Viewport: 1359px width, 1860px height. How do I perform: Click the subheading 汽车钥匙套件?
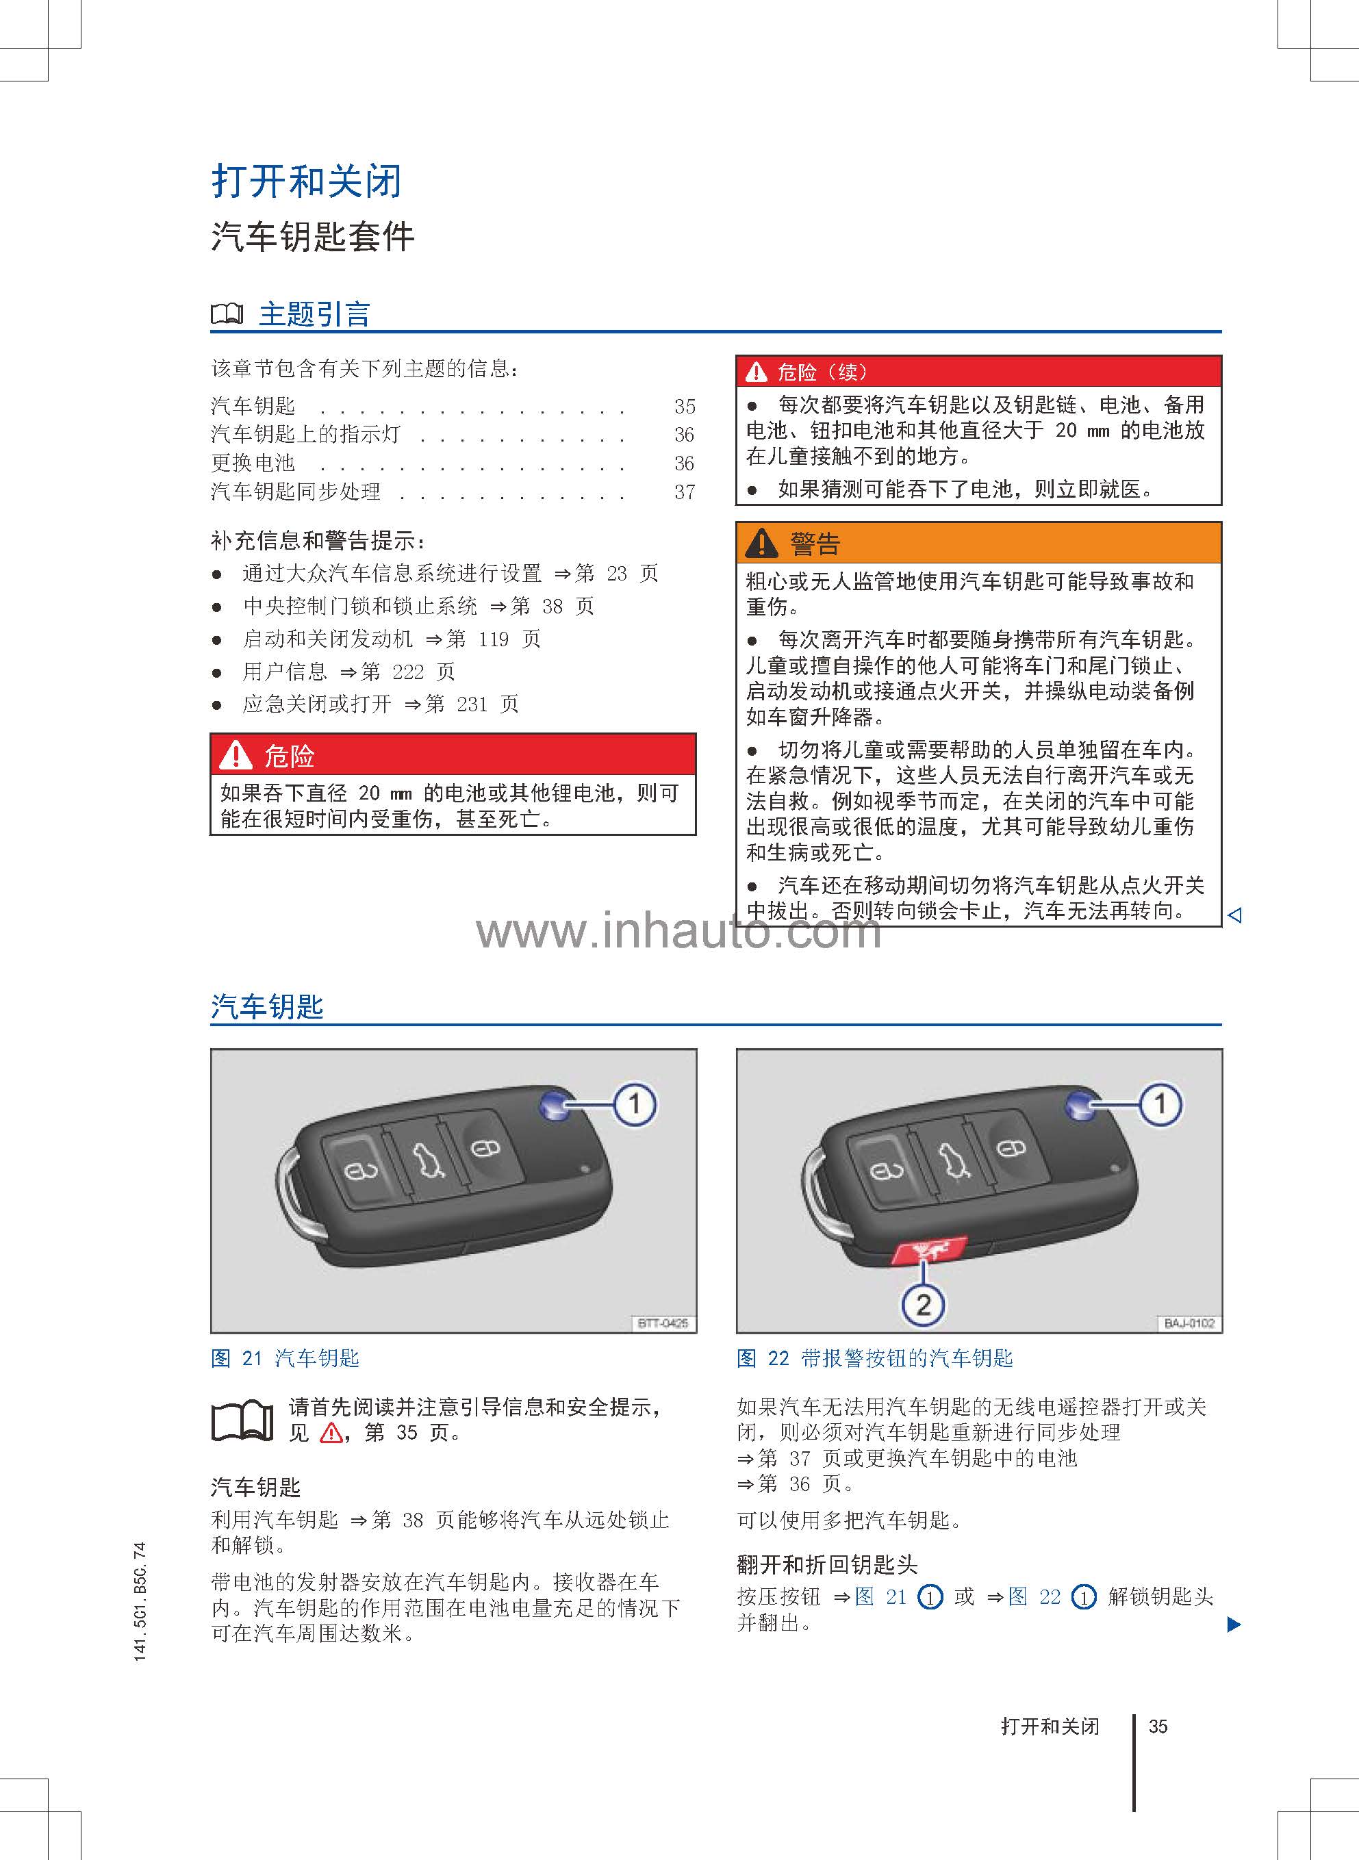click(x=313, y=237)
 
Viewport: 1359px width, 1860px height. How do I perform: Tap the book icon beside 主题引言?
click(x=227, y=314)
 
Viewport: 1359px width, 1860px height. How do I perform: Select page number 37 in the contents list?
click(x=685, y=493)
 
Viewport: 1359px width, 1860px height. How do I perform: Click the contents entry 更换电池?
click(x=253, y=463)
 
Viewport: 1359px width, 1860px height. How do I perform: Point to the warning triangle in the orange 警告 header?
click(x=761, y=543)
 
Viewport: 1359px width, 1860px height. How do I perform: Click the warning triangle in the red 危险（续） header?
click(x=756, y=372)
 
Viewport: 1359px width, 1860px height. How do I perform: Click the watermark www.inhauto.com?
click(x=678, y=931)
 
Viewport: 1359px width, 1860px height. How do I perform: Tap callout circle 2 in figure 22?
click(x=923, y=1305)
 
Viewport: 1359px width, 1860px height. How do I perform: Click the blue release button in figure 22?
click(x=1080, y=1106)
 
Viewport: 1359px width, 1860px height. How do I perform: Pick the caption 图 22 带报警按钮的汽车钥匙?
click(x=874, y=1358)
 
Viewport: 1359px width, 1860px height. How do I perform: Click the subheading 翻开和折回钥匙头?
click(x=827, y=1564)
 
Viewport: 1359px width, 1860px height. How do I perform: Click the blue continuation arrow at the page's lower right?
click(x=1233, y=1625)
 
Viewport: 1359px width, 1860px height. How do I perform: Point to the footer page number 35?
click(x=1158, y=1726)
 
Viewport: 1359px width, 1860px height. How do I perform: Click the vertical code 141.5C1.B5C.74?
click(x=140, y=1601)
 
